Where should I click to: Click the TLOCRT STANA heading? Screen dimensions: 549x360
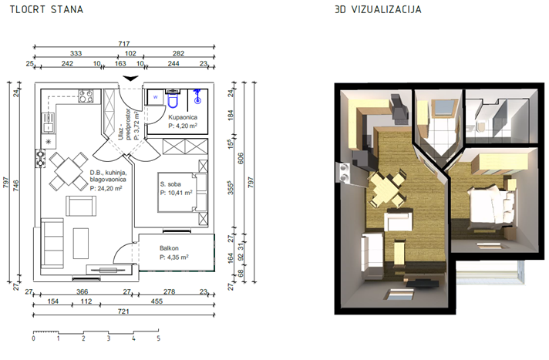pyautogui.click(x=46, y=9)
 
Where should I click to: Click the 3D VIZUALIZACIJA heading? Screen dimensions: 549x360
pyautogui.click(x=378, y=9)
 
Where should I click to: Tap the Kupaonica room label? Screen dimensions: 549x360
pyautogui.click(x=183, y=117)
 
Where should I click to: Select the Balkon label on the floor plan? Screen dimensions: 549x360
pyautogui.click(x=169, y=248)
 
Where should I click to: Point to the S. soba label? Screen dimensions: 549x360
pyautogui.click(x=170, y=184)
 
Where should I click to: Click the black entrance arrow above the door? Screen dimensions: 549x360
pyautogui.click(x=130, y=78)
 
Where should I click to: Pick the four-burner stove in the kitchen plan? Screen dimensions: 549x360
pyautogui.click(x=86, y=96)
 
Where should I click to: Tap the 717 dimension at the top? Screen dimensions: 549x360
pyautogui.click(x=124, y=44)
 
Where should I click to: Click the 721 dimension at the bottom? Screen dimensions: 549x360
pyautogui.click(x=123, y=311)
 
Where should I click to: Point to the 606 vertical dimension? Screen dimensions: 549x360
pyautogui.click(x=241, y=158)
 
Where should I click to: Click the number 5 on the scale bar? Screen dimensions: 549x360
pyautogui.click(x=159, y=338)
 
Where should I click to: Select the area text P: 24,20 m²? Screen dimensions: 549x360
pyautogui.click(x=106, y=189)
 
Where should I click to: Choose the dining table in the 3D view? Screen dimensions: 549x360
pyautogui.click(x=386, y=187)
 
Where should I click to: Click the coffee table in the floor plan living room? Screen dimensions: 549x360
pyautogui.click(x=81, y=243)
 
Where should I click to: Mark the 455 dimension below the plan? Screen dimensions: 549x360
pyautogui.click(x=157, y=301)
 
